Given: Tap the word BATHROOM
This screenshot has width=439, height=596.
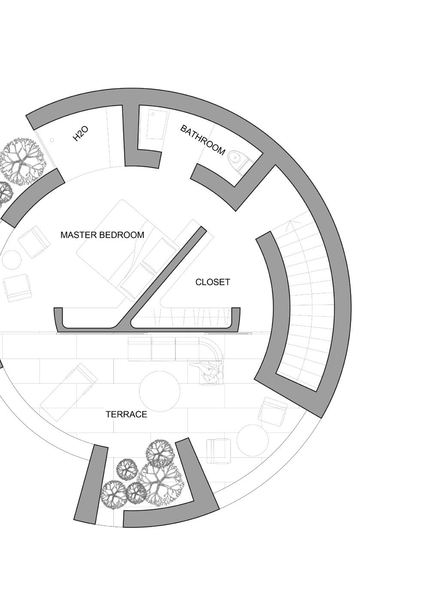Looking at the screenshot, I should click(x=203, y=140).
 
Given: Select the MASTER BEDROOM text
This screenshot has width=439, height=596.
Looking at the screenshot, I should click(x=102, y=235).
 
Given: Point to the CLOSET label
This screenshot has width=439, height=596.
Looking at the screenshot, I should click(x=212, y=282).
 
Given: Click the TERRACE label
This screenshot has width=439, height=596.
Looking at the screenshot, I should click(x=126, y=415).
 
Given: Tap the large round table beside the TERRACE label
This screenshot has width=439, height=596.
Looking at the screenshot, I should click(x=160, y=391).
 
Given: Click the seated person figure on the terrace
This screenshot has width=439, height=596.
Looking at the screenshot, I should click(x=210, y=372).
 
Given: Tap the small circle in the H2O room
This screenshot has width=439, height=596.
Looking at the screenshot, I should click(x=52, y=141).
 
